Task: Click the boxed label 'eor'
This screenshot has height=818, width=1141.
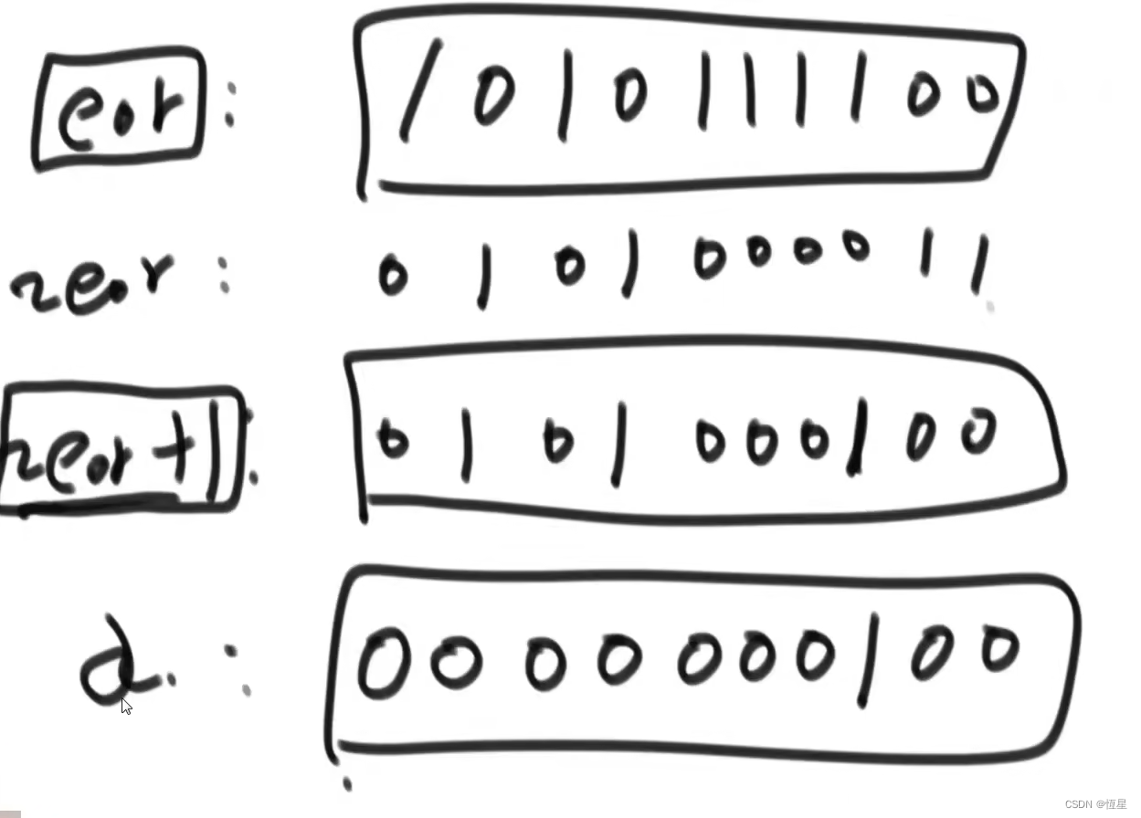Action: (118, 110)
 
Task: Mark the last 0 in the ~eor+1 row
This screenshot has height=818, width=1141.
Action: (977, 432)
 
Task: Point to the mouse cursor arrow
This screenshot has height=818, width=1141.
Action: (126, 706)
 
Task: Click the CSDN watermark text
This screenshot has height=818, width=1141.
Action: (1095, 804)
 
